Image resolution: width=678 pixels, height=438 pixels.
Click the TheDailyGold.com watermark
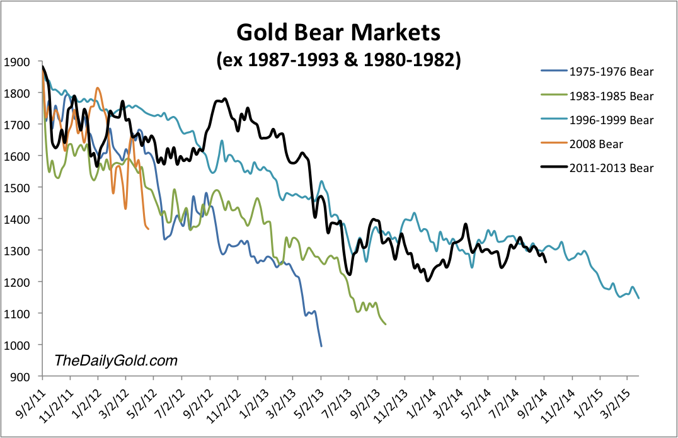pyautogui.click(x=116, y=360)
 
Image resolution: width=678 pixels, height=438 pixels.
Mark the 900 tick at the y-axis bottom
pyautogui.click(x=17, y=376)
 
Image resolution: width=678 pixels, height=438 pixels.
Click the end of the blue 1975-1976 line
pyautogui.click(x=321, y=346)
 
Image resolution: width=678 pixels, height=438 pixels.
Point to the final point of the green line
pyautogui.click(x=386, y=324)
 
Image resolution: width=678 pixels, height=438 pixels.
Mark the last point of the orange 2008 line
pyautogui.click(x=148, y=229)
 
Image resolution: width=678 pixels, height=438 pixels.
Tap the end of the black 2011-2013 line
pyautogui.click(x=545, y=262)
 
